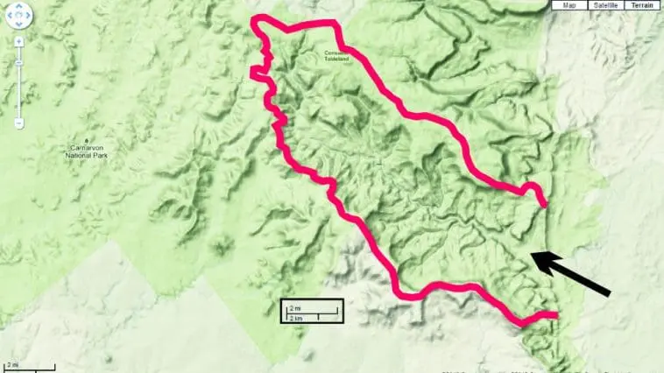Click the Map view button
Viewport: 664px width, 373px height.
point(569,5)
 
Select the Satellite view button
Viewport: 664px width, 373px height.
point(605,5)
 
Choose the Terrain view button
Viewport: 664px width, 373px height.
point(643,5)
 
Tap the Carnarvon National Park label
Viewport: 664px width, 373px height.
point(87,151)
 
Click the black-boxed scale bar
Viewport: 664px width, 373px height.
point(310,312)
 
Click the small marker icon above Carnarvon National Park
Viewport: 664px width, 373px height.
point(86,140)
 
